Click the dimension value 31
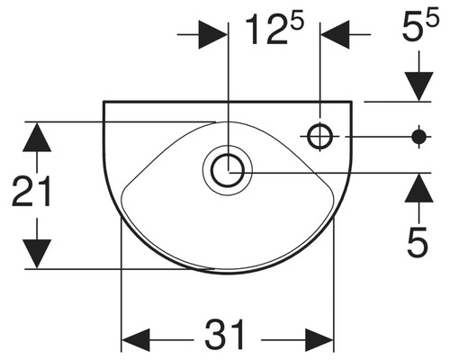click(227, 336)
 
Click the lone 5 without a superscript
click(415, 240)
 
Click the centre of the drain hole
click(229, 169)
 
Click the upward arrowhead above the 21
click(36, 139)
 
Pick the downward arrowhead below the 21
click(36, 249)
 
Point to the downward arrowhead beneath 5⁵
click(418, 85)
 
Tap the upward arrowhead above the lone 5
click(418, 186)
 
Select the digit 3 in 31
click(214, 336)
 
